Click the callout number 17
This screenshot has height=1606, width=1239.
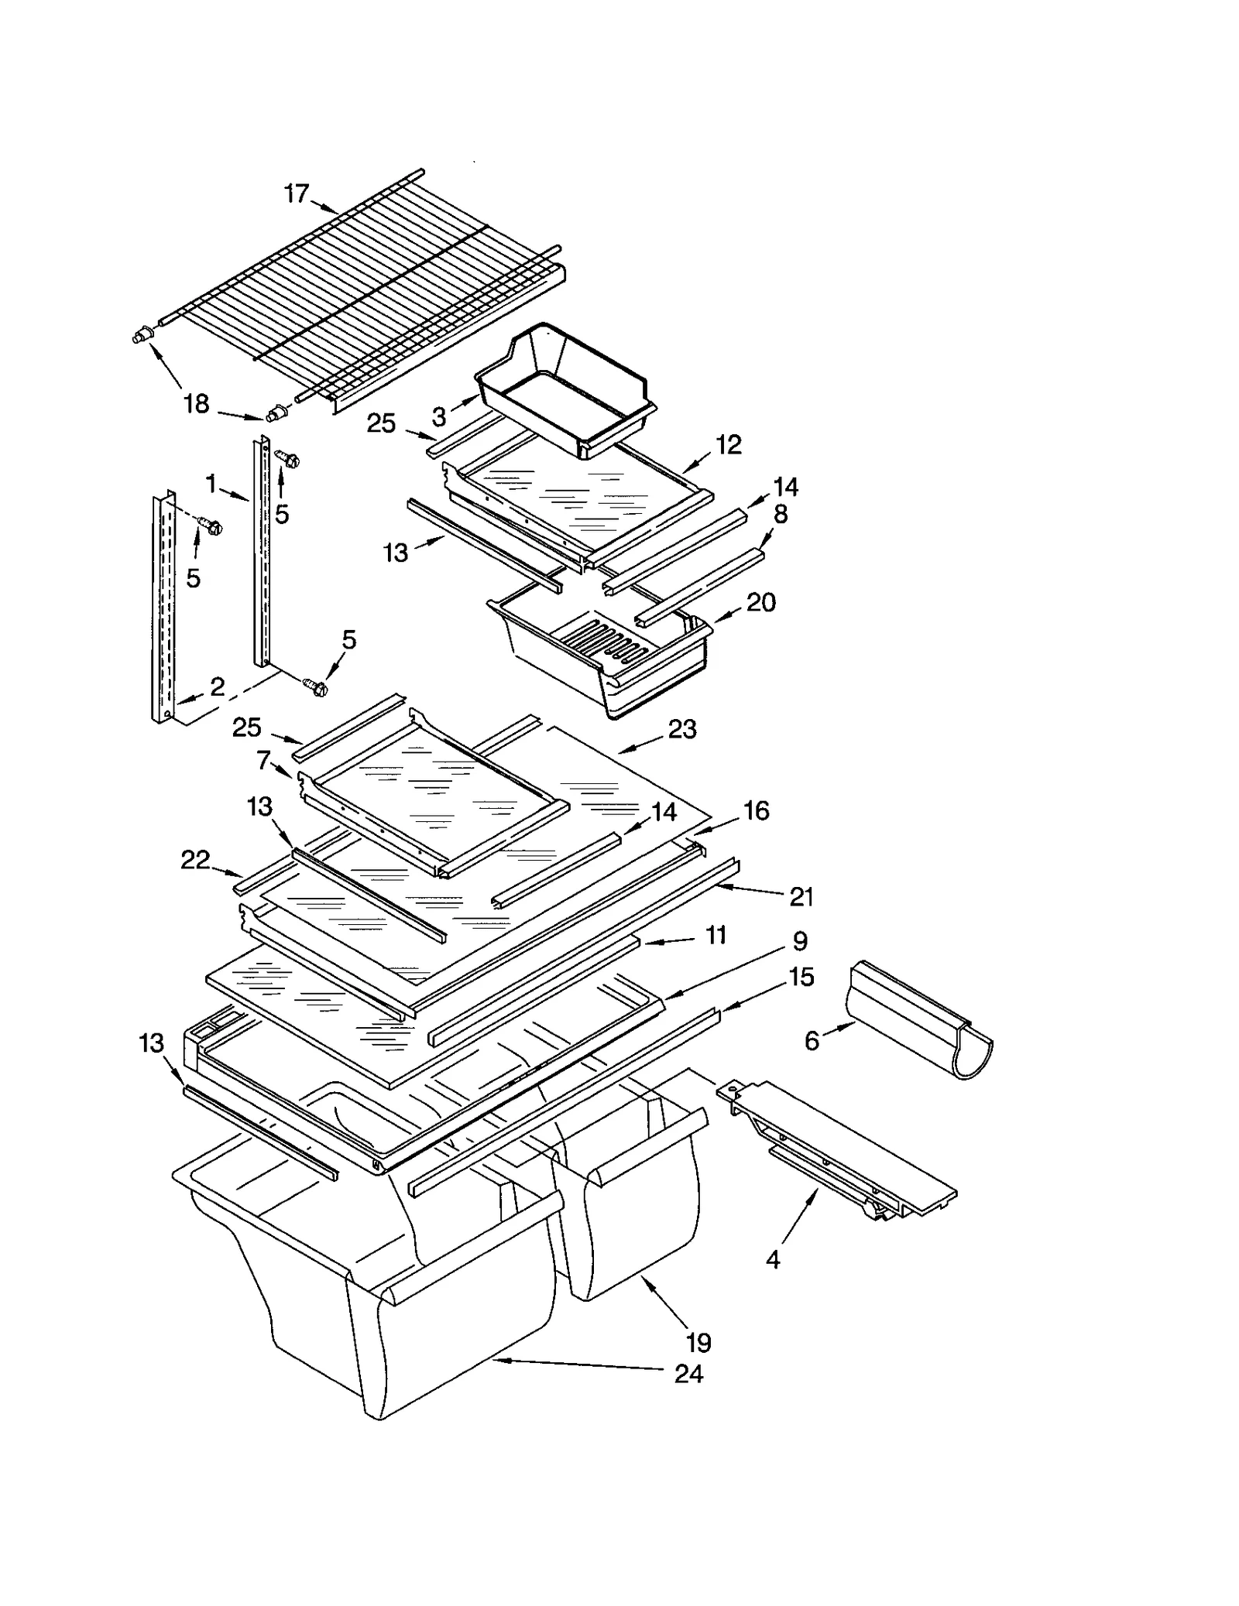click(297, 193)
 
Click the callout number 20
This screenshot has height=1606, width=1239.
click(760, 602)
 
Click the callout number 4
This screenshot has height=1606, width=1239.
click(773, 1260)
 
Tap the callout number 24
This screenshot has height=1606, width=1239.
click(688, 1374)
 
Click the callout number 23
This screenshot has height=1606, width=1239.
click(682, 729)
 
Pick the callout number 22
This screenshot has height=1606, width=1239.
click(195, 860)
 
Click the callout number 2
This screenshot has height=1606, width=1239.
click(218, 687)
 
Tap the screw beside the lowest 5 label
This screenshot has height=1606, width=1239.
click(316, 686)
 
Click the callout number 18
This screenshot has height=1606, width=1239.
click(196, 403)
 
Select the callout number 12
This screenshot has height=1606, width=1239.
click(729, 444)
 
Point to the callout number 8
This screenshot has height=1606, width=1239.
click(781, 514)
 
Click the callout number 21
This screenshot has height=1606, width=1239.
click(801, 897)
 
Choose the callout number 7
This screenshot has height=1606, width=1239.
click(263, 760)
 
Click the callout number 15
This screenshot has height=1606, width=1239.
click(801, 978)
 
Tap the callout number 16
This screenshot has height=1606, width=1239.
click(757, 810)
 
